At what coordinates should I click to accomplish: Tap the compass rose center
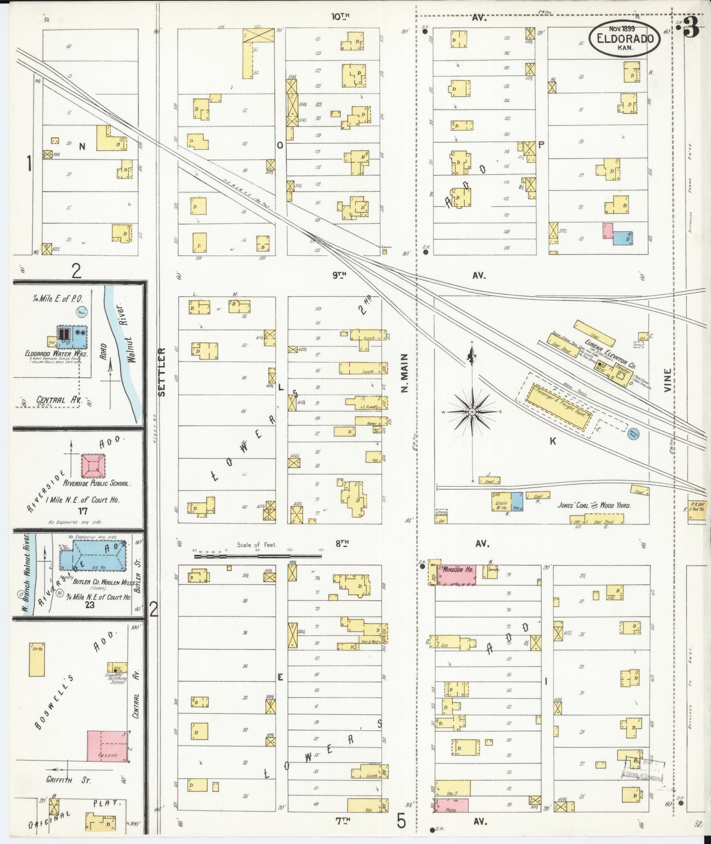pyautogui.click(x=472, y=411)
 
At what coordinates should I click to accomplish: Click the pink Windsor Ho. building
pyautogui.click(x=458, y=575)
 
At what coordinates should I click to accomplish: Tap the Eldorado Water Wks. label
pyautogui.click(x=57, y=354)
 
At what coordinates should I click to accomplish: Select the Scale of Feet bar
pyautogui.click(x=257, y=556)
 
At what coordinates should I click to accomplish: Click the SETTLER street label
pyautogui.click(x=162, y=372)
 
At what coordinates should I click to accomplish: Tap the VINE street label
pyautogui.click(x=667, y=380)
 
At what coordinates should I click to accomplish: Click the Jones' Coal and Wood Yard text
pyautogui.click(x=594, y=505)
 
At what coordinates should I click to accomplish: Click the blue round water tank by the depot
pyautogui.click(x=634, y=434)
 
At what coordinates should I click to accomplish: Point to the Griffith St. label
pyautogui.click(x=68, y=780)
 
